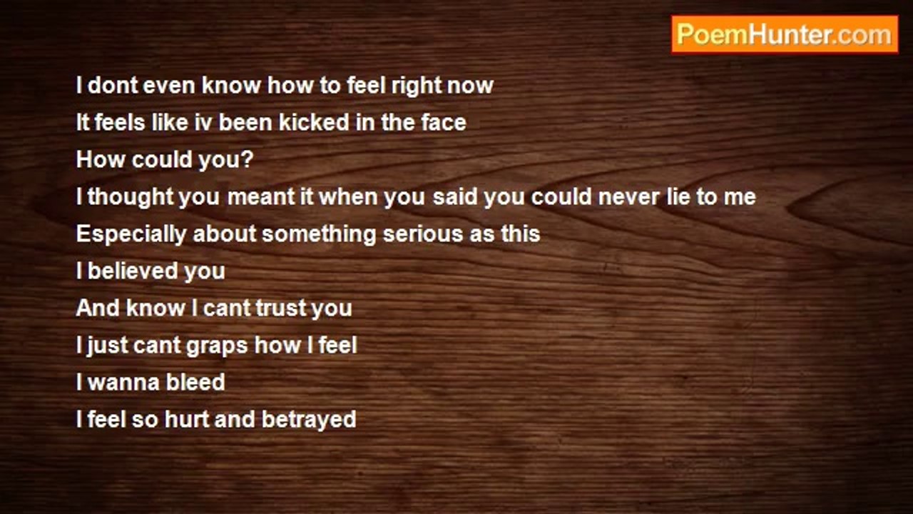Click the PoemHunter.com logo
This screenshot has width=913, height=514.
(x=785, y=35)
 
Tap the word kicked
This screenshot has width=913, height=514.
(x=314, y=122)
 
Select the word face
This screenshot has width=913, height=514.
(x=444, y=122)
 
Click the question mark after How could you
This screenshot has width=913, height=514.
(x=247, y=159)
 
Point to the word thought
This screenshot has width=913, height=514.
(x=131, y=197)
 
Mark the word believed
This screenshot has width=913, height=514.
(x=132, y=271)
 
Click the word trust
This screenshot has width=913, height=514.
(x=280, y=308)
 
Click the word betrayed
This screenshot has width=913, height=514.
(x=309, y=420)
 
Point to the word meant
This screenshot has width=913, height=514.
(x=261, y=197)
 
